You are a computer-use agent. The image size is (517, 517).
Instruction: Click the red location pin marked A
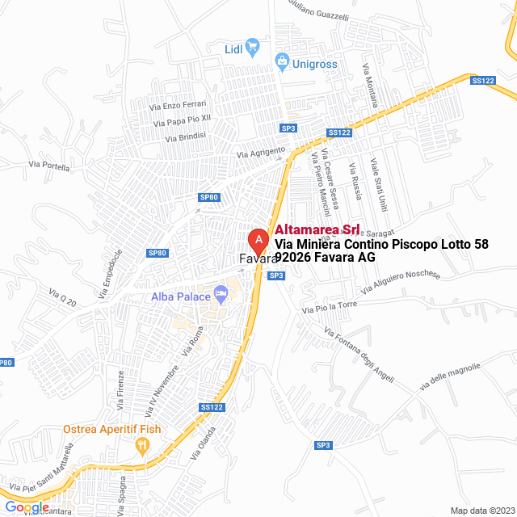pos(258,241)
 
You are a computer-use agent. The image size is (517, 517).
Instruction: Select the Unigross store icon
pos(282,58)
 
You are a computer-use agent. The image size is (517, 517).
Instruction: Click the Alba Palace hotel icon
pos(222,296)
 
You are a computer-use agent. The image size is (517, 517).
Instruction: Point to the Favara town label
pos(258,260)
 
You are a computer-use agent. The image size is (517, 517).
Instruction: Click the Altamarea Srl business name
pos(317,230)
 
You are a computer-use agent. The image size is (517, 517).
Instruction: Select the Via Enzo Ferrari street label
pos(179,105)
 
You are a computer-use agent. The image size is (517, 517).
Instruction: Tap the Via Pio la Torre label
pos(330,307)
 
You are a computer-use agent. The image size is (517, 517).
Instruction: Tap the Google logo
pos(27,506)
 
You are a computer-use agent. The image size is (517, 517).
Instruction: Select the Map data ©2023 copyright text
pos(481,511)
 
